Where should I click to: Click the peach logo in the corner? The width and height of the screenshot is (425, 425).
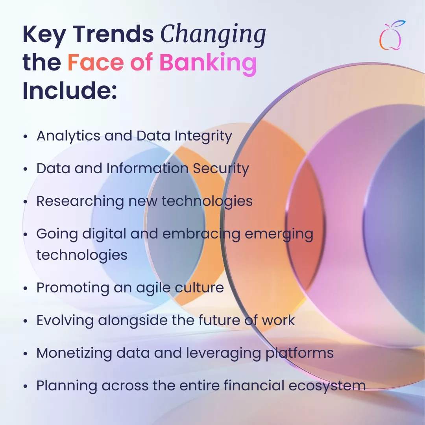click(391, 35)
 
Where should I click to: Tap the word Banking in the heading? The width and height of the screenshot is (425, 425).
click(208, 63)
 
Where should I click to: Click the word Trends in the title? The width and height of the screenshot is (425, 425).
click(113, 34)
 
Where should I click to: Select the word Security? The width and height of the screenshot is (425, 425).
click(221, 169)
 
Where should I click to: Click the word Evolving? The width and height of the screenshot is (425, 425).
click(65, 321)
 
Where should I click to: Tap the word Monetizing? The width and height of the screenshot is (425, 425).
click(74, 353)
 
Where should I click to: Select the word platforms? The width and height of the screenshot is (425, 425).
click(299, 353)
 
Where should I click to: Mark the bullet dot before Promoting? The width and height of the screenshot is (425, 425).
click(26, 288)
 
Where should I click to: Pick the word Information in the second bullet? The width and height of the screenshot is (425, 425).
click(148, 168)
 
